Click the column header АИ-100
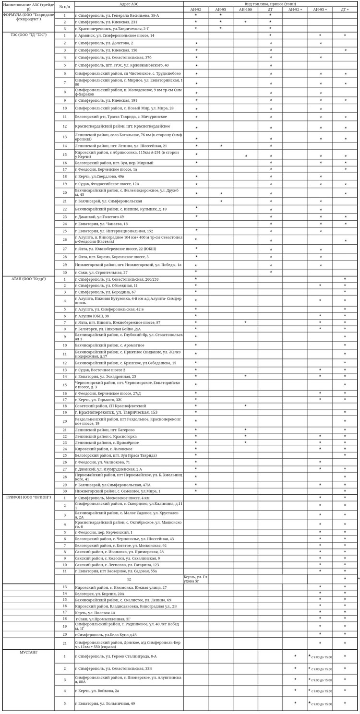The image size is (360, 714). click(x=245, y=10)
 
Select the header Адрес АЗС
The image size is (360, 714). click(x=129, y=4)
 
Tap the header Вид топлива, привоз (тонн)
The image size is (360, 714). click(x=270, y=4)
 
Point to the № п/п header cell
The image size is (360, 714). click(x=64, y=7)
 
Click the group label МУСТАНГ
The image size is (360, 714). click(x=28, y=653)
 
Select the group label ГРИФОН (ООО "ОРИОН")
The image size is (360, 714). click(x=28, y=497)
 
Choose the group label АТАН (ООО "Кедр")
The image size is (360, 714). click(x=28, y=279)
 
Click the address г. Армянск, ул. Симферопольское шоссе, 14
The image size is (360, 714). click(x=115, y=36)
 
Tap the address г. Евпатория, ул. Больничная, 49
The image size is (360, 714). click(x=105, y=703)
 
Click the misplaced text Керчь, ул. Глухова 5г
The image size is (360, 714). click(x=195, y=579)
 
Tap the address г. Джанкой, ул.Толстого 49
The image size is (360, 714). click(x=99, y=217)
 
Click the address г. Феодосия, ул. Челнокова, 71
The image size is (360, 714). click(x=103, y=462)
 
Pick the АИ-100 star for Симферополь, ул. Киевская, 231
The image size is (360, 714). click(x=245, y=22)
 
